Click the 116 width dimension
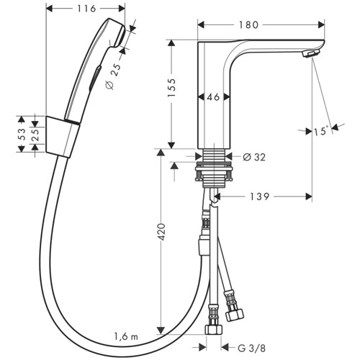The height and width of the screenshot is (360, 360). (86, 9)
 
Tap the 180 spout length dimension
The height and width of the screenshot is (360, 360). (248, 24)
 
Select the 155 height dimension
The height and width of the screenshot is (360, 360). (172, 88)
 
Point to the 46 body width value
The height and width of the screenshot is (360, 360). (213, 97)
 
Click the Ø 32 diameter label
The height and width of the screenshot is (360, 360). (254, 157)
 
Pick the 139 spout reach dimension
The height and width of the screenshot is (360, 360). (260, 197)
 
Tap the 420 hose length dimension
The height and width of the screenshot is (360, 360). (161, 232)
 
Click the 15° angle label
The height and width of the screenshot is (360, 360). (320, 131)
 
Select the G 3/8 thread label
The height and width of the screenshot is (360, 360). (252, 348)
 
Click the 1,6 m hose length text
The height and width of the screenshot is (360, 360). (126, 336)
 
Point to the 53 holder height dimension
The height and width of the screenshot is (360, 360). (22, 134)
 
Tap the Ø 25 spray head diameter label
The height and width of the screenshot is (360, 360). (113, 77)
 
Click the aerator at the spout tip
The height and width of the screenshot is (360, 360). (311, 53)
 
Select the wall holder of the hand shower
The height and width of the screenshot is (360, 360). (63, 137)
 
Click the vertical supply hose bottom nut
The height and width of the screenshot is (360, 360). (214, 329)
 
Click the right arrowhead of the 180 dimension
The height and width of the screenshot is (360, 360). (321, 24)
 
